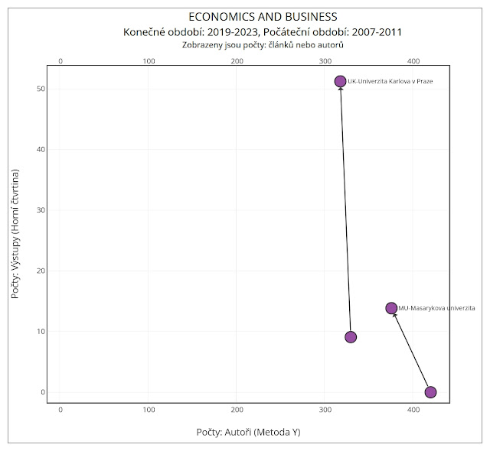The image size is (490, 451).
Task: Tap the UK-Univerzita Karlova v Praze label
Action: click(390, 81)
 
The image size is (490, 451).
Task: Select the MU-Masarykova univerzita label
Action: click(436, 308)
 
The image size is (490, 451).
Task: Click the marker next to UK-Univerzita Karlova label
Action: click(340, 81)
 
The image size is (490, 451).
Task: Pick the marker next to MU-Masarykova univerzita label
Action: click(391, 308)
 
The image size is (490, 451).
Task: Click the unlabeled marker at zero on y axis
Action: click(430, 392)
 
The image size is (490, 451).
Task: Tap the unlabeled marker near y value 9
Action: click(351, 337)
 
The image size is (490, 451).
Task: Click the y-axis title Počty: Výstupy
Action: click(15, 233)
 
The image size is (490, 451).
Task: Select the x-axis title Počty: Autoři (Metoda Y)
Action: click(248, 432)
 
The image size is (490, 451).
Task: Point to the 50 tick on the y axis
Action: click(40, 89)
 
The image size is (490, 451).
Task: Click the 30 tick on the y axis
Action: click(40, 210)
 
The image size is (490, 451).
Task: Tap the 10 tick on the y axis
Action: click(40, 332)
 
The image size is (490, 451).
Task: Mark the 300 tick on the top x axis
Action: click(325, 60)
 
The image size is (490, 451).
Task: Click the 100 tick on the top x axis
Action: click(149, 60)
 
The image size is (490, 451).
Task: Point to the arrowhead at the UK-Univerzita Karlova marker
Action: click(341, 90)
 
